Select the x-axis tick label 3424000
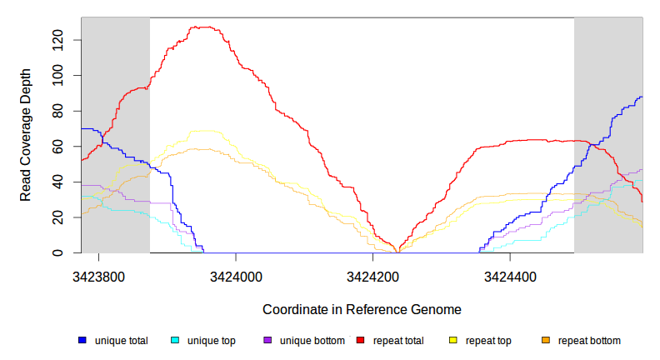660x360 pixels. click(236, 276)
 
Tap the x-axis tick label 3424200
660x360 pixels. click(372, 276)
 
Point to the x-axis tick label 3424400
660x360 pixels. click(510, 276)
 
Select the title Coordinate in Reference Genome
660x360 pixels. click(362, 309)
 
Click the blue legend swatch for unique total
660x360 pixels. click(82, 341)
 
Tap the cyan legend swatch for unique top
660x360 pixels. click(175, 341)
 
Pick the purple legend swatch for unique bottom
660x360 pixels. click(267, 341)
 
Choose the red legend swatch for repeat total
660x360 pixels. click(361, 341)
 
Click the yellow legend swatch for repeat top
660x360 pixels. click(453, 341)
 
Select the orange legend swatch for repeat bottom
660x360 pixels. click(546, 341)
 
